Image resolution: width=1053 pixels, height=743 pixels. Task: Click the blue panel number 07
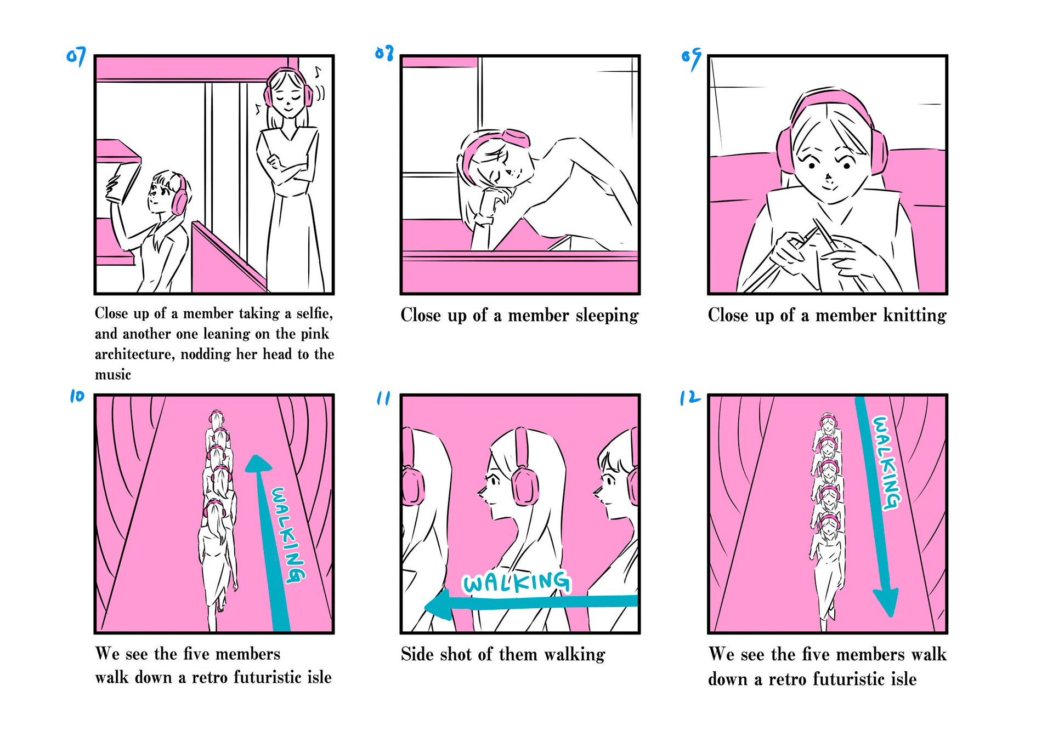click(x=76, y=56)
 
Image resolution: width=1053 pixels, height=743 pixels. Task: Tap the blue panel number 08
click(x=384, y=53)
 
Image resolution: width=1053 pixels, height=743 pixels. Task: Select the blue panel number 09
click(x=692, y=58)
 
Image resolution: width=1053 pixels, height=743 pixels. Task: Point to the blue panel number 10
click(x=77, y=396)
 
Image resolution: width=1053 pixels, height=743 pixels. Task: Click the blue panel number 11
click(x=383, y=398)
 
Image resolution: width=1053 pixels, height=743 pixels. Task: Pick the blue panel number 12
click(x=689, y=397)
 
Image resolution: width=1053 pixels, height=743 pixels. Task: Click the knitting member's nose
click(x=828, y=178)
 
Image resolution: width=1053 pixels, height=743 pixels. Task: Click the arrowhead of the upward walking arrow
click(x=258, y=464)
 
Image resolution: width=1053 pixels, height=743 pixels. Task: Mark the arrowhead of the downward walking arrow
click(x=885, y=602)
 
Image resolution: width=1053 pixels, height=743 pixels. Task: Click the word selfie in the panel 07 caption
click(x=314, y=313)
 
